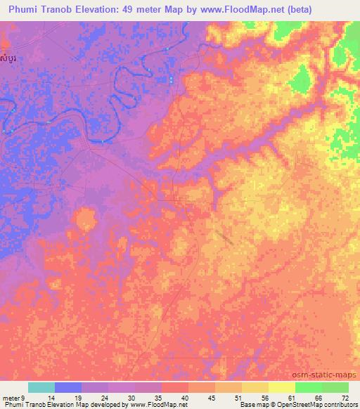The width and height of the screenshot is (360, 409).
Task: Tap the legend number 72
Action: pyautogui.click(x=344, y=397)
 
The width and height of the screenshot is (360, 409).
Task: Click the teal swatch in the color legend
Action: pyautogui.click(x=41, y=387)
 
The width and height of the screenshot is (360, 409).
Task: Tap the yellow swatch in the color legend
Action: pyautogui.click(x=282, y=387)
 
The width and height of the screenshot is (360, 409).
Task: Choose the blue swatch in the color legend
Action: pyautogui.click(x=68, y=387)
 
